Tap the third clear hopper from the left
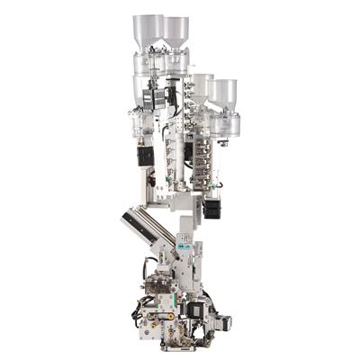[x=203, y=85]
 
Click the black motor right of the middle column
[x=212, y=208]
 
